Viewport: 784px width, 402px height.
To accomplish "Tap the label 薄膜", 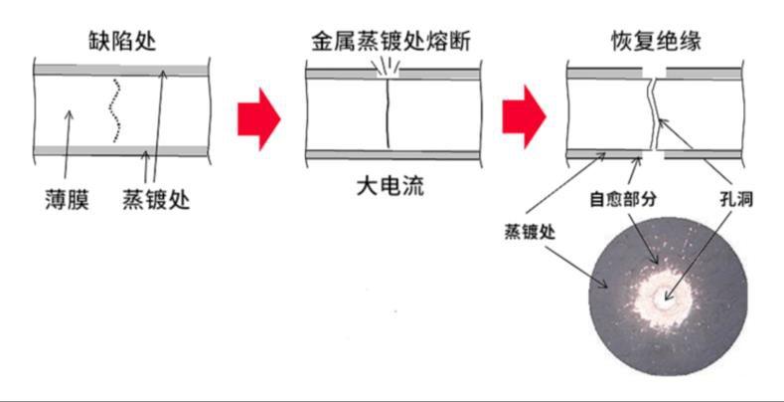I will (x=67, y=199).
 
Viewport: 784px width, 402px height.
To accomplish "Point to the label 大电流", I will (x=389, y=186).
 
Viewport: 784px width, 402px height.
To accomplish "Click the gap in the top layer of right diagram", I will (x=655, y=73).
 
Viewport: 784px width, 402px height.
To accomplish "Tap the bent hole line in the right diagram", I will (x=652, y=113).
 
